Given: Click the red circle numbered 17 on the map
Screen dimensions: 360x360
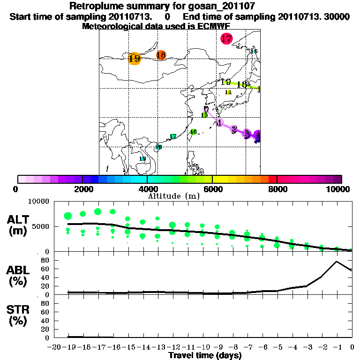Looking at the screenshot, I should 226,39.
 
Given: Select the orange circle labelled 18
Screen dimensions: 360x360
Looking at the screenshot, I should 161,55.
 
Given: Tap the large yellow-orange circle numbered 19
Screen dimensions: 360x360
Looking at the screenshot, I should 134,59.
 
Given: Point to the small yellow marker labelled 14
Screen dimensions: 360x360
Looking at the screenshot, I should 228,92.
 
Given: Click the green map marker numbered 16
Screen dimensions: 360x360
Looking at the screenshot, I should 193,132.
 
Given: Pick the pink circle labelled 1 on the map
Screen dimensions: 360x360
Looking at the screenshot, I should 219,123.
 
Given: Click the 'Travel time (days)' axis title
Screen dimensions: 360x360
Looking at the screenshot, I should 205,355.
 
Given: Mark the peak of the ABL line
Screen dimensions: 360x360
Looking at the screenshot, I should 337,262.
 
